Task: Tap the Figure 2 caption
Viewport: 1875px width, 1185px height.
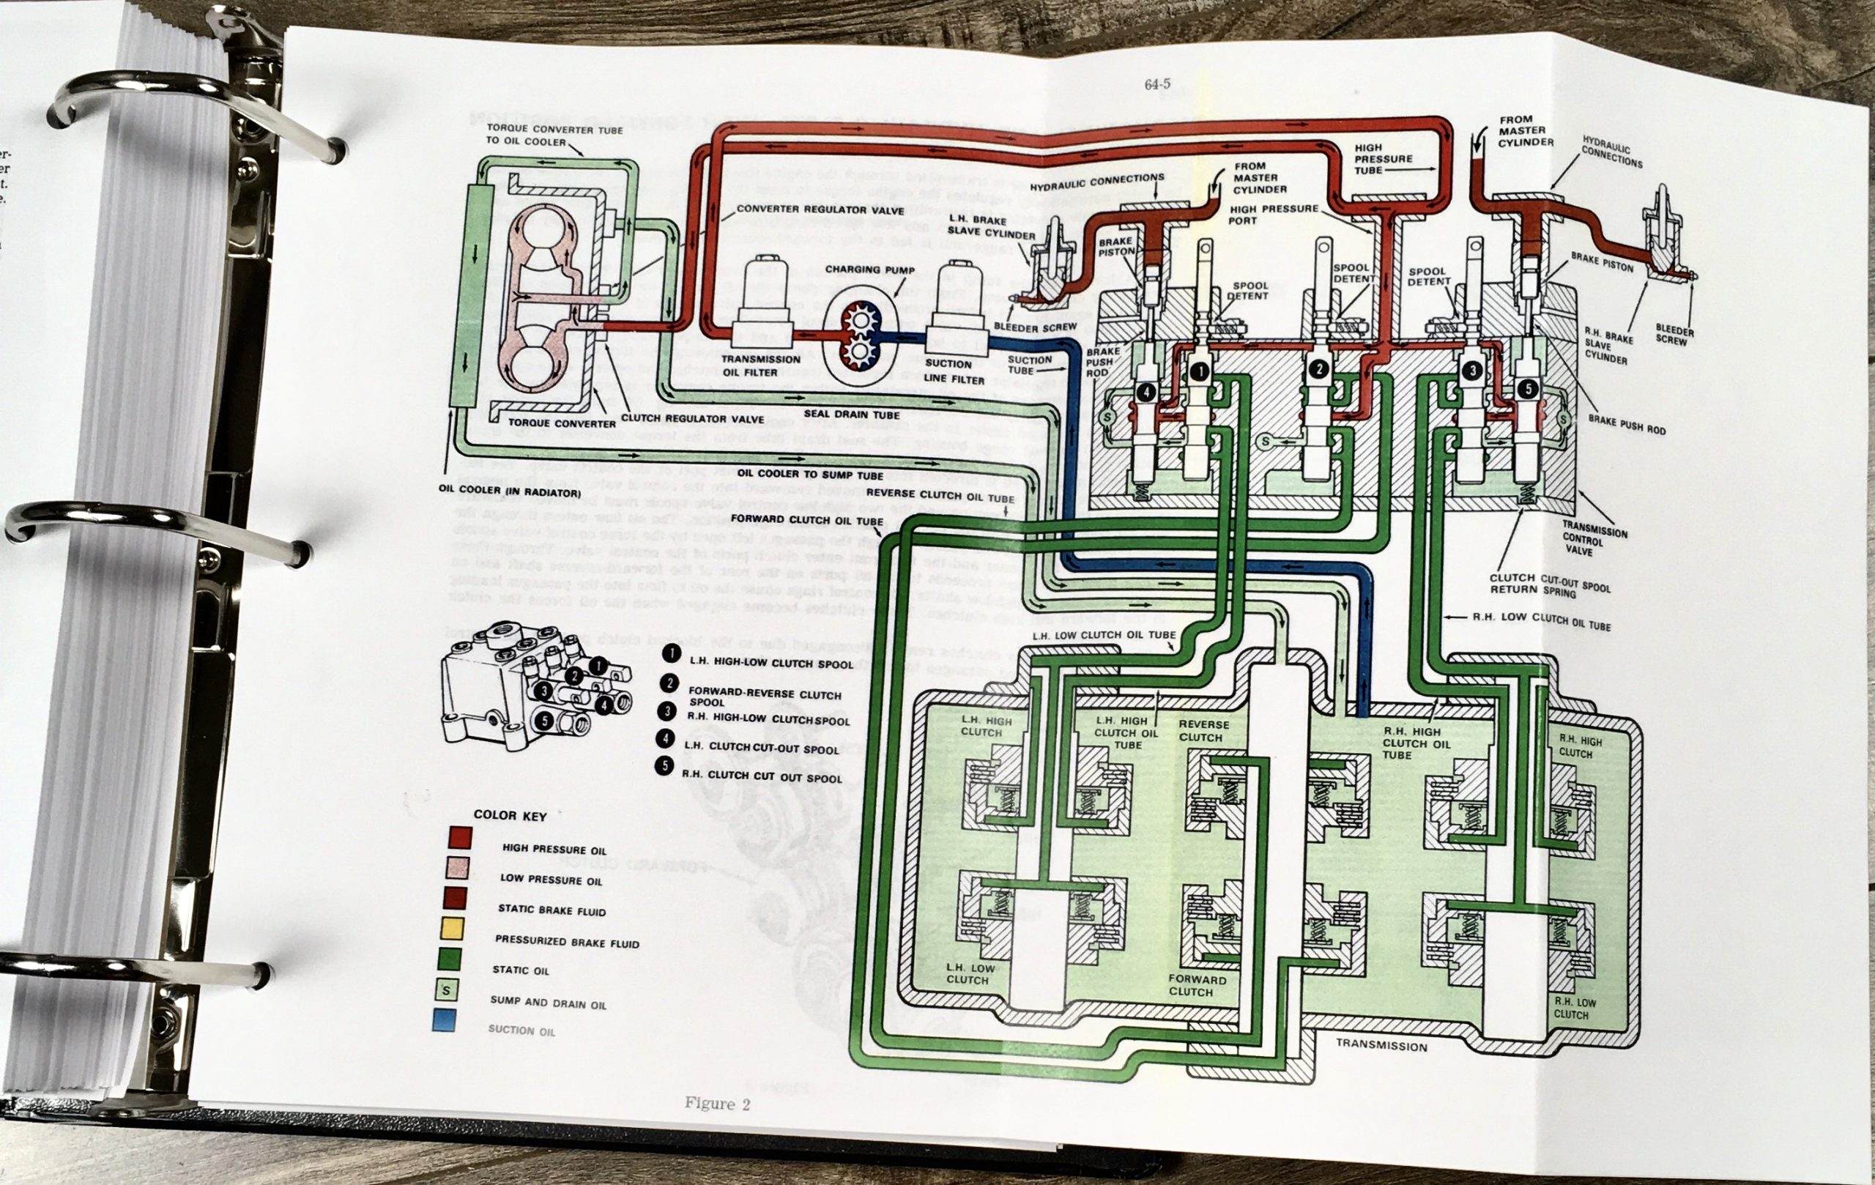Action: point(716,1103)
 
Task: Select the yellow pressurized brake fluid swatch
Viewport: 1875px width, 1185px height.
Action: point(453,928)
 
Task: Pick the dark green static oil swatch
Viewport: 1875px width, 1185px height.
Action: point(450,959)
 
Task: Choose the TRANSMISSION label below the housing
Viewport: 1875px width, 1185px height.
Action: point(1381,1045)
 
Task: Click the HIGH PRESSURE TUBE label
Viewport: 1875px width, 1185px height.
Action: point(1383,158)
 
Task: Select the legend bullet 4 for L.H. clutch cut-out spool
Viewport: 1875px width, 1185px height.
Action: point(665,737)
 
